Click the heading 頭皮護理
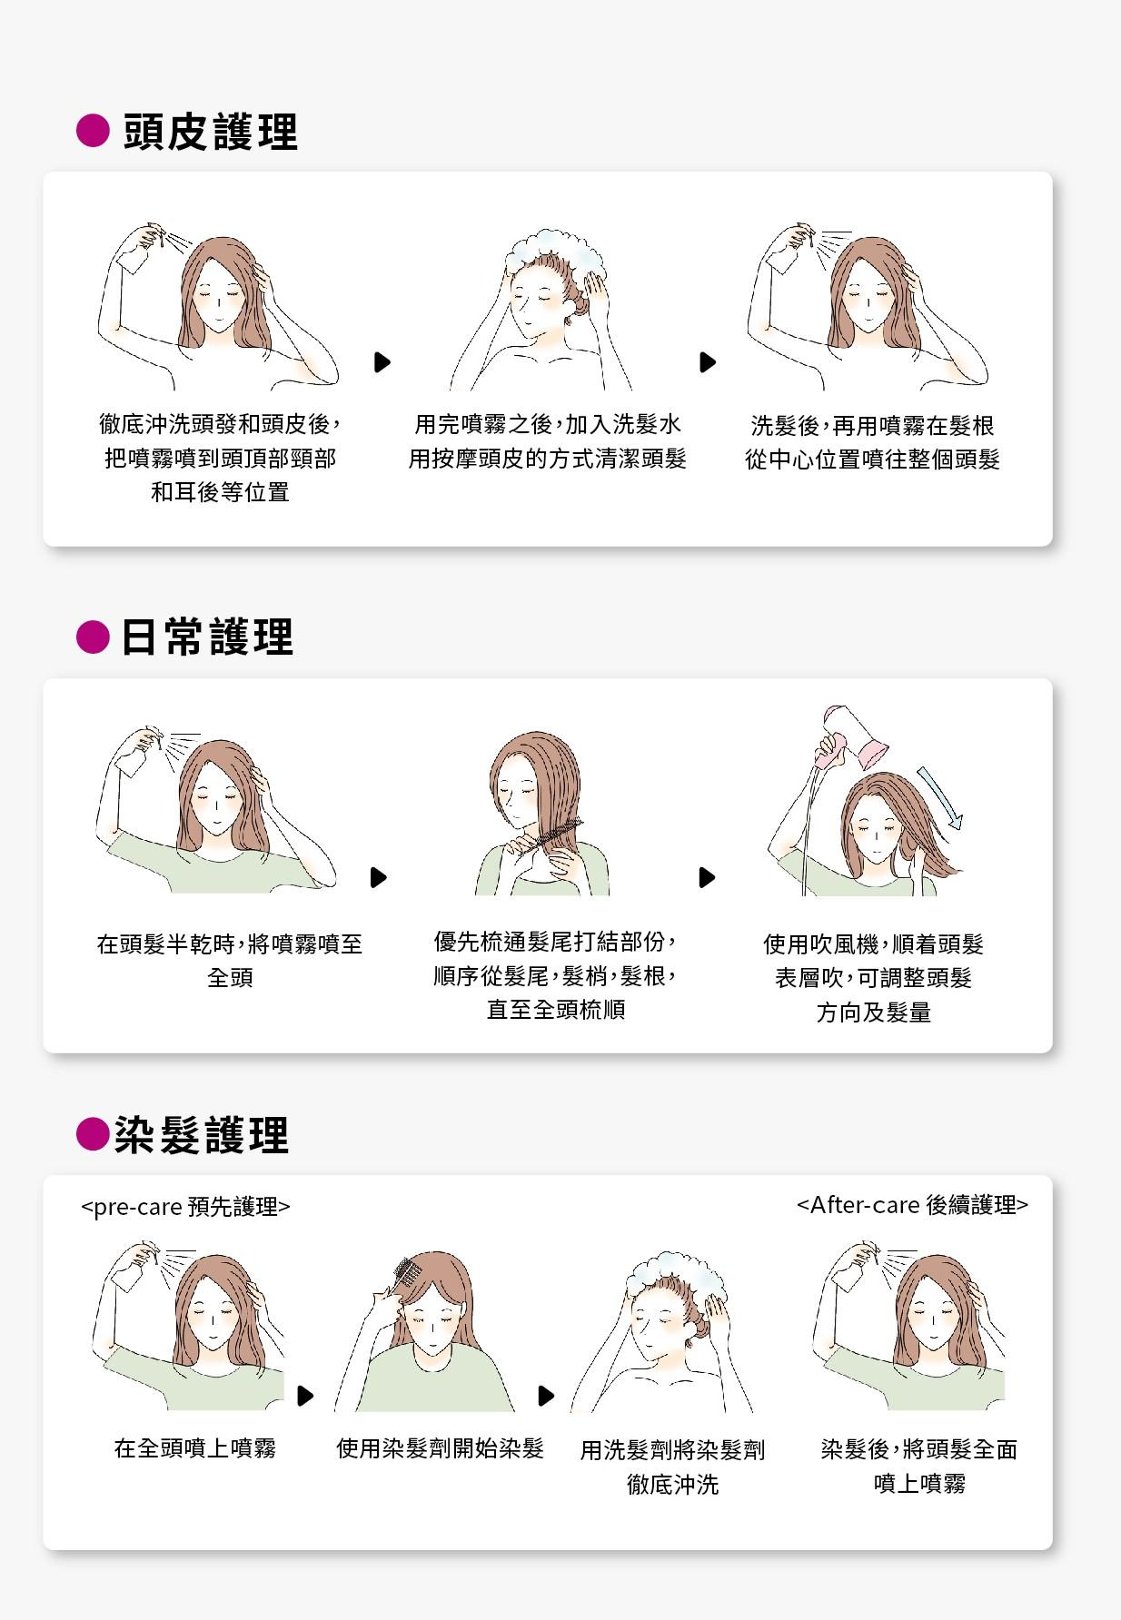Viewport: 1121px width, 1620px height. [x=210, y=132]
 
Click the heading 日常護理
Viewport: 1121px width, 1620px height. [x=207, y=637]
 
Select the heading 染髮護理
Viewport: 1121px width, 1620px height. [x=202, y=1135]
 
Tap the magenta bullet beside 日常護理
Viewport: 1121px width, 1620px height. [x=92, y=637]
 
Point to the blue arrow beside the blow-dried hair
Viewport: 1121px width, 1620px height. [x=940, y=798]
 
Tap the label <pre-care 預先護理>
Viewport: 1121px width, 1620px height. [x=186, y=1207]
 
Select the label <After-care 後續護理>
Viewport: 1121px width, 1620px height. [x=912, y=1205]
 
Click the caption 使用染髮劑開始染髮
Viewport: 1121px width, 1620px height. [x=440, y=1448]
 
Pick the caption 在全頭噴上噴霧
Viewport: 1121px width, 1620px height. [x=195, y=1448]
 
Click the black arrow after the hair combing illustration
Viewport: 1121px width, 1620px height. [x=708, y=877]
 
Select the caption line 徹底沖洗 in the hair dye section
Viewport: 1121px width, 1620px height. [x=673, y=1485]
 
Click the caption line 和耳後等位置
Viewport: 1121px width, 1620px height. [x=220, y=492]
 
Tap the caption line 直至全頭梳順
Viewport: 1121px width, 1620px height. [x=556, y=1010]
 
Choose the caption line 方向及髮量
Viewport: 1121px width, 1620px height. [x=874, y=1012]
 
